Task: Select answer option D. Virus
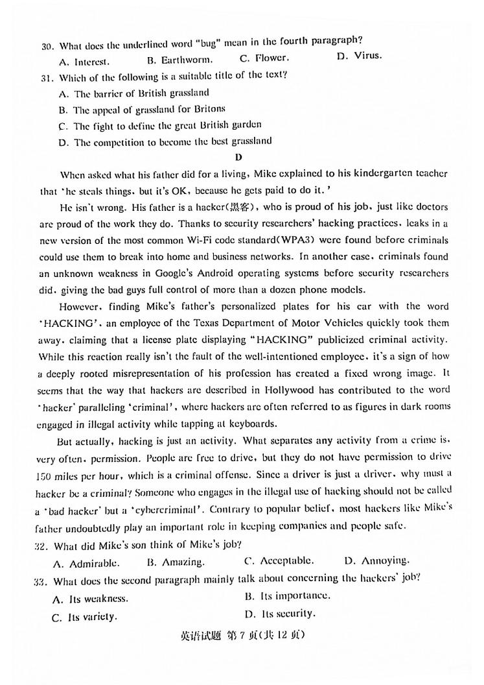[x=360, y=56]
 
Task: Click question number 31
[x=46, y=77]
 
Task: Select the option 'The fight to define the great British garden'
[x=159, y=125]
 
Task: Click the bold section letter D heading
[x=238, y=157]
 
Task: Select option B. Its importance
[x=287, y=595]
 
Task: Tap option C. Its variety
[x=85, y=616]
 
